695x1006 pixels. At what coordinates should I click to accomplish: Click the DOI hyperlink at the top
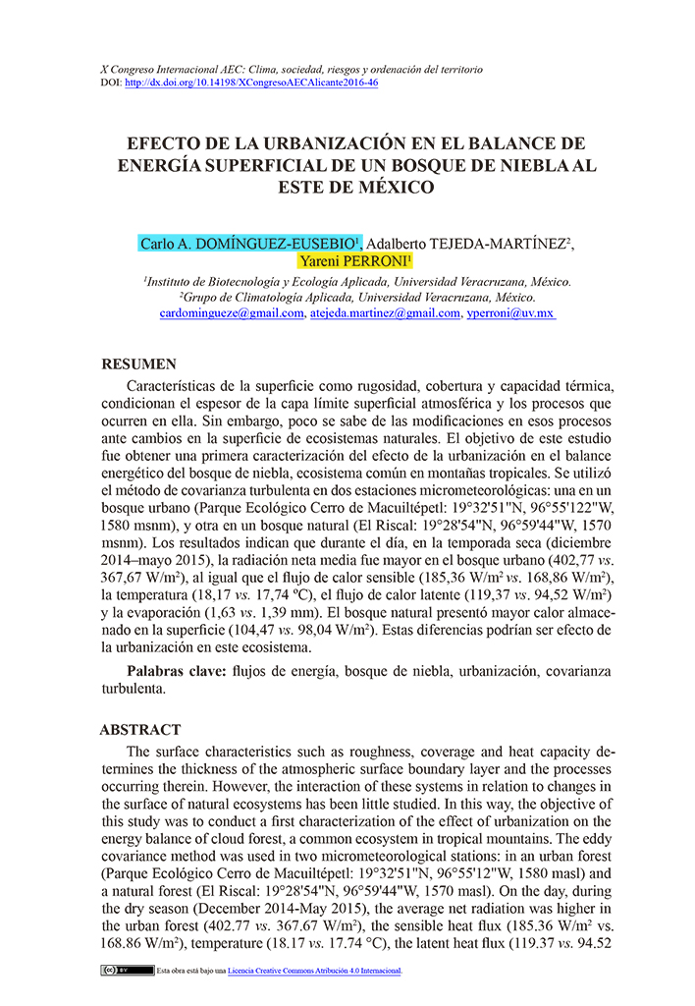pos(252,84)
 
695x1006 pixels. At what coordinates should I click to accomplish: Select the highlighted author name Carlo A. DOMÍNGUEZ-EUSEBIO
pos(250,243)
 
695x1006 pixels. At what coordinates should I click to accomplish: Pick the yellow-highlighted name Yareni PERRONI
pos(356,261)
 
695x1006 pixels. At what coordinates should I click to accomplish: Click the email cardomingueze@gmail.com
pos(232,313)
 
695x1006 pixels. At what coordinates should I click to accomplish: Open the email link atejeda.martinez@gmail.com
pos(384,313)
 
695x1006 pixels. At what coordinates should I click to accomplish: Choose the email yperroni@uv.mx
pos(510,313)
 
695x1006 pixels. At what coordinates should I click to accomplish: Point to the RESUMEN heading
pos(139,363)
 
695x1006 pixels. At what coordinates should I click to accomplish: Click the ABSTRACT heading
pos(140,730)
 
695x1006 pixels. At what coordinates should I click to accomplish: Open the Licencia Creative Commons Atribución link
pos(314,971)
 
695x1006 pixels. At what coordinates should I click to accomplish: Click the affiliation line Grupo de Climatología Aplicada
pos(357,297)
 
